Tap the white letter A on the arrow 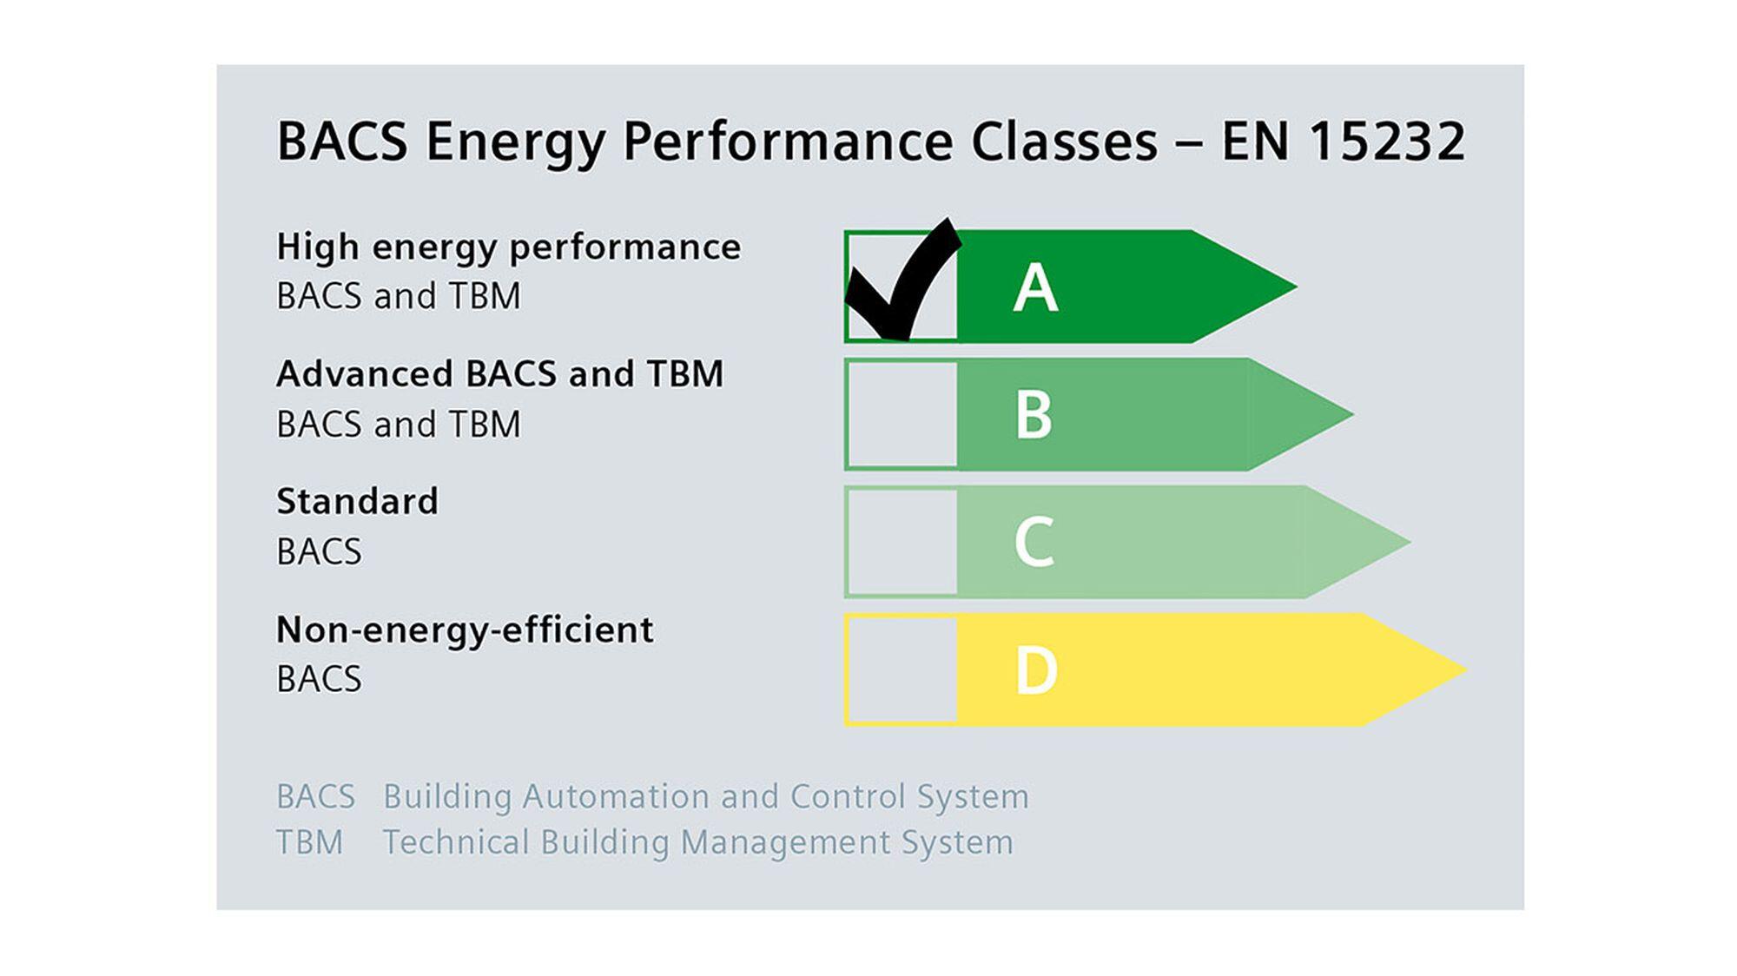[1035, 287]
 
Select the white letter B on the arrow [1034, 414]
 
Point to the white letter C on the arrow [1034, 542]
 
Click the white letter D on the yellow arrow [1036, 670]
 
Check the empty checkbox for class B [902, 414]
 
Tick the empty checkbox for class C [902, 542]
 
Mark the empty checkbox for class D [902, 669]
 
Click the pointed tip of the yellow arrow [1467, 669]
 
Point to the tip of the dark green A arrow [1297, 287]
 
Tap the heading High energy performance [509, 247]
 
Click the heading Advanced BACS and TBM [500, 374]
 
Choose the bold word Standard [358, 501]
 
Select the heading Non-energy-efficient [465, 630]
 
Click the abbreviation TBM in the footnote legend [310, 842]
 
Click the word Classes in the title [1065, 141]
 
